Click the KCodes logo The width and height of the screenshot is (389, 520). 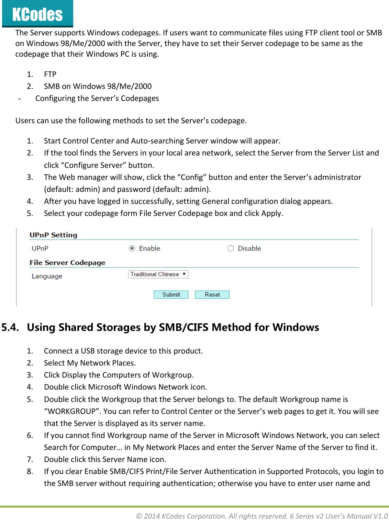[37, 14]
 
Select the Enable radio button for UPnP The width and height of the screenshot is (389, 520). [132, 248]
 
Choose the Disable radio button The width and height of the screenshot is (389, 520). [231, 248]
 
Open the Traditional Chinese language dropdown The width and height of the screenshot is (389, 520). [158, 274]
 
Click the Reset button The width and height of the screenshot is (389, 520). [212, 294]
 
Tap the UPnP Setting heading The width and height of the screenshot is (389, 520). [53, 235]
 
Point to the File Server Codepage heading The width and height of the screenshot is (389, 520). [67, 263]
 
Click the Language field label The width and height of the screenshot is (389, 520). [47, 276]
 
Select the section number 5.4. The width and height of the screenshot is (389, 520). [10, 327]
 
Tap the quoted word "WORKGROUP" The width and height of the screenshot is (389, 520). [72, 411]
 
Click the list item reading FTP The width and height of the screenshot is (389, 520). [50, 74]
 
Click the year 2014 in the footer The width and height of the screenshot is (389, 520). [152, 516]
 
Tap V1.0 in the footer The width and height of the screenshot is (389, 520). [381, 516]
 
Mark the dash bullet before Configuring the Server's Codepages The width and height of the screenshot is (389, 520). [20, 99]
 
